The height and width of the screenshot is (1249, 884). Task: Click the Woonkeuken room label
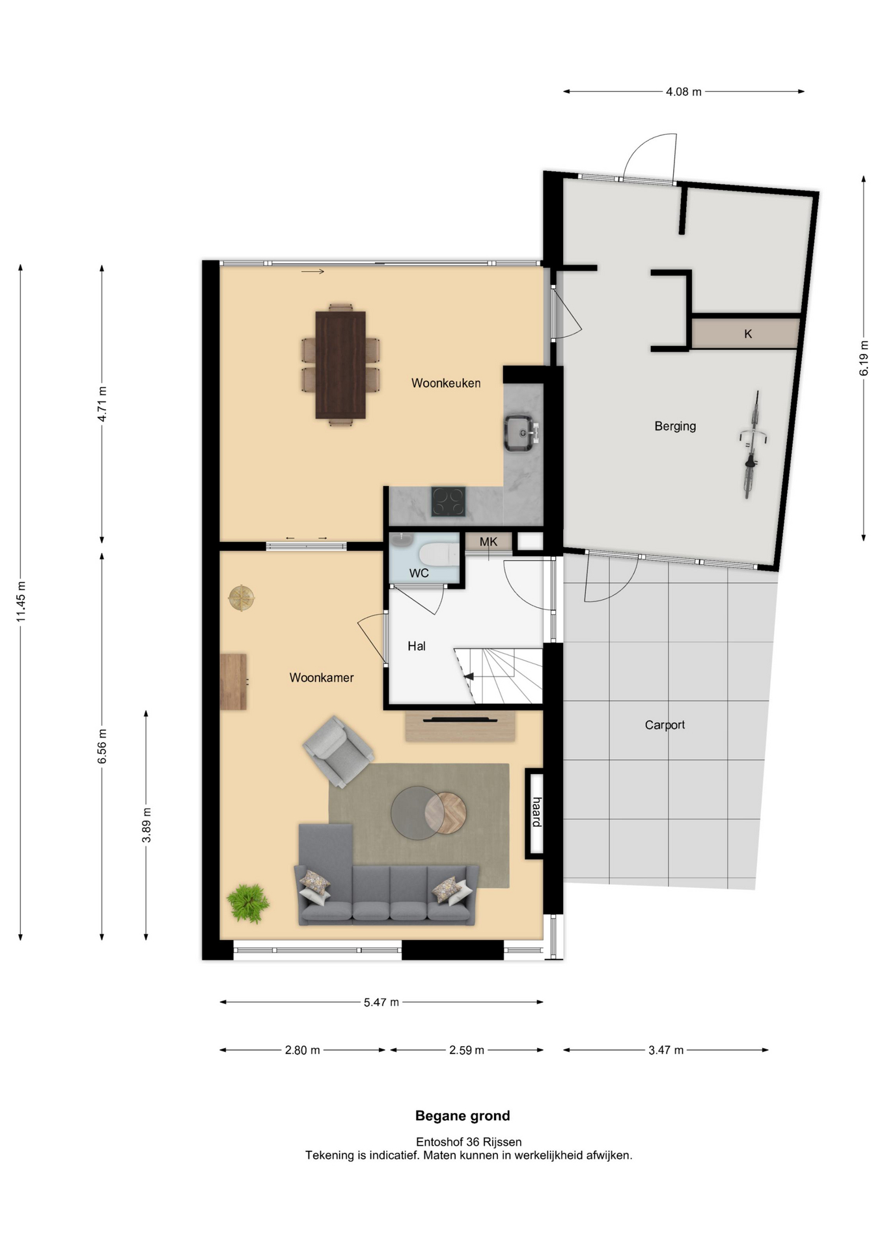pos(446,383)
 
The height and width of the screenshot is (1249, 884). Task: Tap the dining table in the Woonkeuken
pos(340,365)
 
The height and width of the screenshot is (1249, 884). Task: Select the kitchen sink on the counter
pos(522,433)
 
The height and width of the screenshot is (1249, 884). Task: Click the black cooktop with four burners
pos(449,502)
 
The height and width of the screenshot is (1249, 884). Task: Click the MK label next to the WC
pos(488,542)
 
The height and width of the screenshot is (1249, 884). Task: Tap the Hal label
pos(417,646)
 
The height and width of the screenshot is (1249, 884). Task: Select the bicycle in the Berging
pos(753,444)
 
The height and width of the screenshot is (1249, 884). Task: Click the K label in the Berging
pos(748,334)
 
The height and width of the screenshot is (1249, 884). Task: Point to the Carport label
pos(665,725)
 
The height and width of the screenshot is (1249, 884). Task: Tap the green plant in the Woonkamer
pos(248,903)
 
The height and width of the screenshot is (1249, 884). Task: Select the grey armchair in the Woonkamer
pos(338,751)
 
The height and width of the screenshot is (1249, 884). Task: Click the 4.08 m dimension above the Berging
pos(684,92)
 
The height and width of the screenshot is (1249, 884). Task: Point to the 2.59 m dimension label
pos(467,1050)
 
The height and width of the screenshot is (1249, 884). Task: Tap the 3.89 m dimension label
pos(146,825)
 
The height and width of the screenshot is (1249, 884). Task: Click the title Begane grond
pos(463,1116)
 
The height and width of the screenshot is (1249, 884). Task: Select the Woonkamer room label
pos(322,678)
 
